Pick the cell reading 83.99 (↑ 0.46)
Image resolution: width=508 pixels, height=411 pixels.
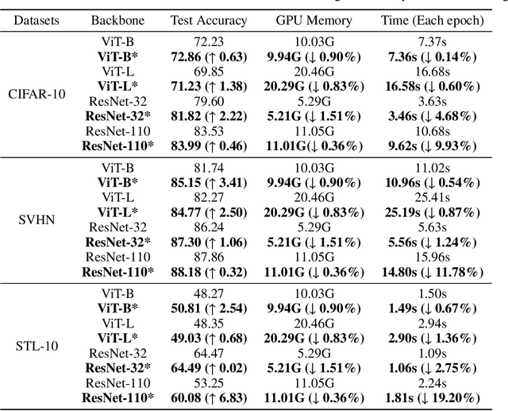(209, 146)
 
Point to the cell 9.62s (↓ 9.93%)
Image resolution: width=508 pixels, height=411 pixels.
(439, 146)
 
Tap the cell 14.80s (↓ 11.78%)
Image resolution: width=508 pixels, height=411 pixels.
(439, 271)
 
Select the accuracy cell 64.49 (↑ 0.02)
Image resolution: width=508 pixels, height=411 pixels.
(209, 367)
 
